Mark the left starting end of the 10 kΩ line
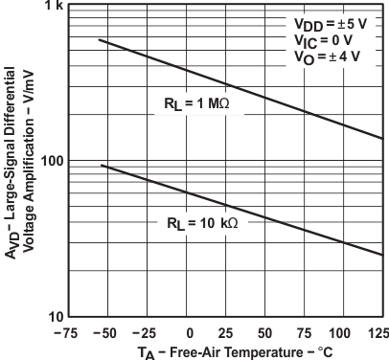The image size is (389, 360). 101,166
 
